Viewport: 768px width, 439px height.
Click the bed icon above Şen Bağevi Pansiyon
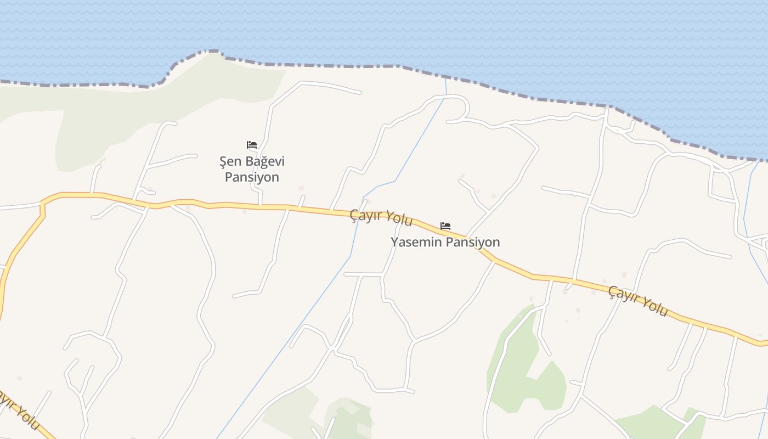tap(252, 145)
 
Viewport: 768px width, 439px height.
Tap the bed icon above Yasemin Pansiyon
tap(445, 226)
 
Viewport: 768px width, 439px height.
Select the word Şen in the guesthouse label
tap(230, 162)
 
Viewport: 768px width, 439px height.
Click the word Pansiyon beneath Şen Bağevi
tap(252, 177)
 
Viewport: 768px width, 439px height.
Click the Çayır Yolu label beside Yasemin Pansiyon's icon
tap(381, 217)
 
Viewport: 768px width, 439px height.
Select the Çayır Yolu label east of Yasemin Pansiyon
tap(639, 301)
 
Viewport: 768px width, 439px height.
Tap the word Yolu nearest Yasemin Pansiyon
tap(399, 219)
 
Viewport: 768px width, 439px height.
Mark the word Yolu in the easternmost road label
tap(654, 307)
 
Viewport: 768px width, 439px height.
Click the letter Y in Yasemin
tap(394, 242)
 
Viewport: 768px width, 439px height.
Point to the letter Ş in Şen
tap(223, 162)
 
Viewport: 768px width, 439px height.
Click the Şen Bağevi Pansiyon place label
tap(252, 170)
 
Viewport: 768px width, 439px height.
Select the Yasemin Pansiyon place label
tap(445, 242)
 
